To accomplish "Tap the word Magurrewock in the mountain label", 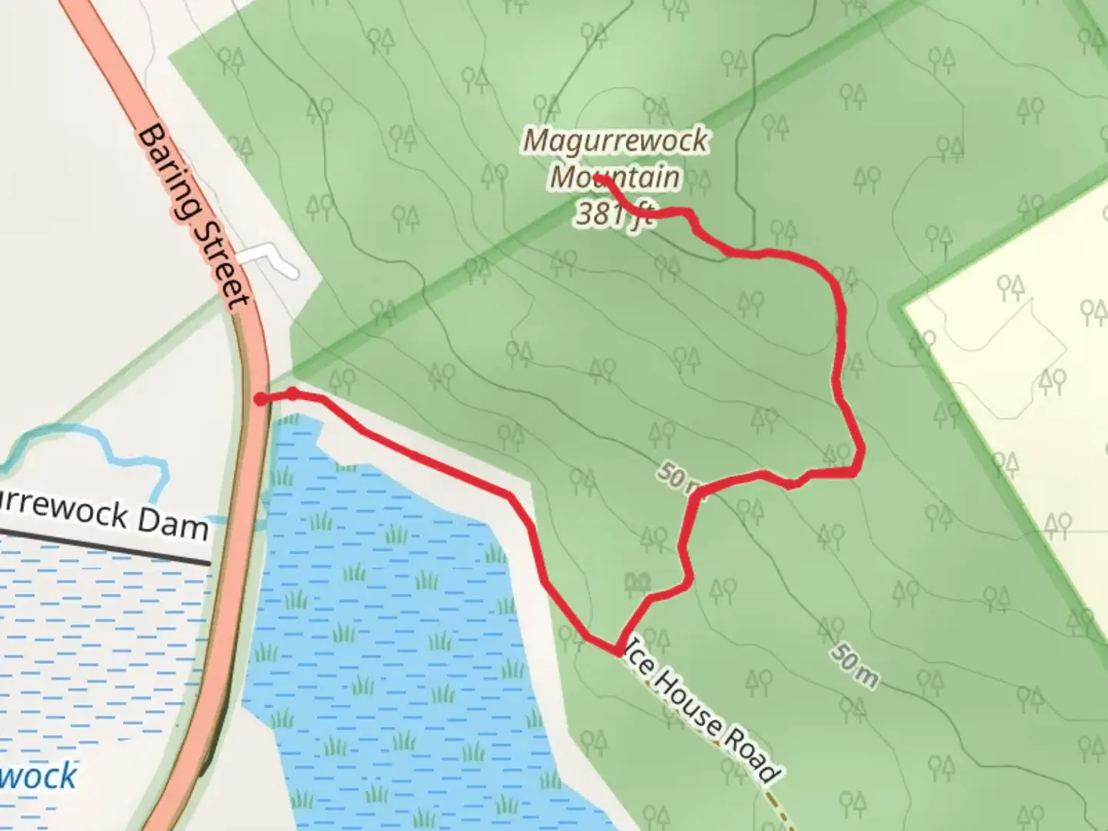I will tap(616, 141).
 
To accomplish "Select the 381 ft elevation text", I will tap(614, 214).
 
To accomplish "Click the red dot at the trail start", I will tap(261, 399).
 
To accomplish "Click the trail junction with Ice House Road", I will tap(617, 652).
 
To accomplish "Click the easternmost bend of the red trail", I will tap(860, 454).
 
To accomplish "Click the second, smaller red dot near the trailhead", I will tap(292, 394).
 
